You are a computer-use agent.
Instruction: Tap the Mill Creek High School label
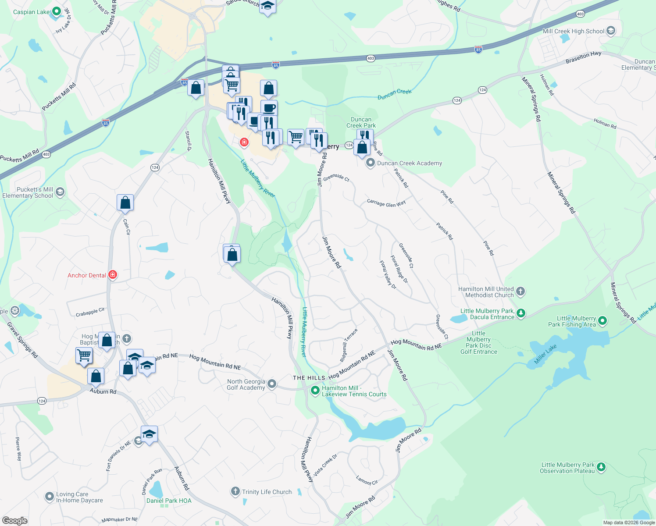(x=574, y=31)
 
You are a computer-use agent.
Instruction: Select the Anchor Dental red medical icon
(x=113, y=275)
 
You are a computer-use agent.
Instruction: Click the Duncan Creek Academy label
(x=410, y=163)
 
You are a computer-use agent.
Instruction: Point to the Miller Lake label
(x=545, y=354)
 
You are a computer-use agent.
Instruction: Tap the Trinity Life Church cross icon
(x=235, y=491)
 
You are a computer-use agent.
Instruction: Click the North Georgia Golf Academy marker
(x=272, y=384)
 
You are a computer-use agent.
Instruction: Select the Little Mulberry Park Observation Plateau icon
(x=601, y=467)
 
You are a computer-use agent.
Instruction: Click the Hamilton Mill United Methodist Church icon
(x=521, y=291)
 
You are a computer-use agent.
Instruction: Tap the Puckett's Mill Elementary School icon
(x=60, y=192)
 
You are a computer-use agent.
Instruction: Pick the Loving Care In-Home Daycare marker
(x=50, y=497)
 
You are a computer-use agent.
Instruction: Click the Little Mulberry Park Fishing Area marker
(x=603, y=321)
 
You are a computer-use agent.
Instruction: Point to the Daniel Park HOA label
(x=169, y=501)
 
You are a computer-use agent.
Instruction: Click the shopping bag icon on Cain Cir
(x=125, y=203)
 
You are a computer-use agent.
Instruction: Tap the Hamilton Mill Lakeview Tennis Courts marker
(x=315, y=390)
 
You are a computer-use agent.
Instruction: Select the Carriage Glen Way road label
(x=386, y=203)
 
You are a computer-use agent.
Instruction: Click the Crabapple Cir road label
(x=90, y=312)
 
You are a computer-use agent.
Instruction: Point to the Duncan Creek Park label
(x=361, y=122)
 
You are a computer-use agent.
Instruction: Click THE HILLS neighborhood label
(x=309, y=378)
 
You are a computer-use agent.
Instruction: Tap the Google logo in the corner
(x=15, y=521)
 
